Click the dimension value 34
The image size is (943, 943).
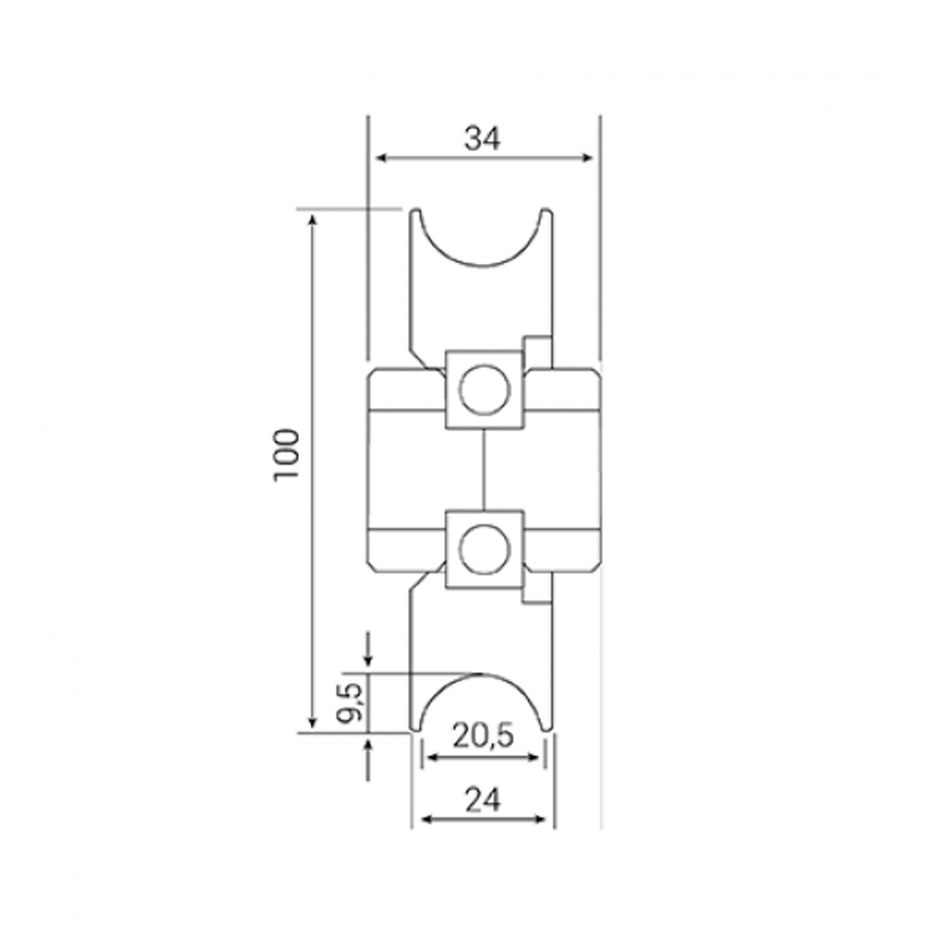483,139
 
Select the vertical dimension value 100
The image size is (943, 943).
287,456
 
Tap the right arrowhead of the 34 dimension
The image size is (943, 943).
587,158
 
